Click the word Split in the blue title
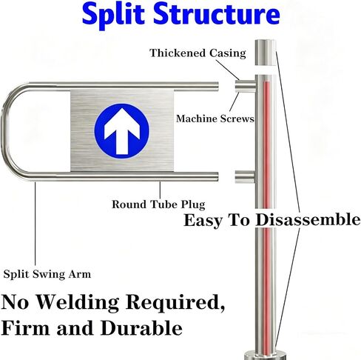click(113, 14)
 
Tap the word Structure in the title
click(217, 13)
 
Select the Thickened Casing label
click(198, 53)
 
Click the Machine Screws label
click(215, 119)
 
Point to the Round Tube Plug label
click(158, 204)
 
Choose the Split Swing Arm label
click(47, 274)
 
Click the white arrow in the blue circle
click(122, 130)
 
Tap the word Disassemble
click(308, 219)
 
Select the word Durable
click(141, 328)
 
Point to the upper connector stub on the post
click(245, 86)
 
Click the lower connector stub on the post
click(244, 177)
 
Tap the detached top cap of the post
click(266, 53)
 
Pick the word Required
click(175, 302)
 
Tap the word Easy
click(203, 220)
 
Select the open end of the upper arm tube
click(217, 87)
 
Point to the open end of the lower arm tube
click(217, 176)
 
